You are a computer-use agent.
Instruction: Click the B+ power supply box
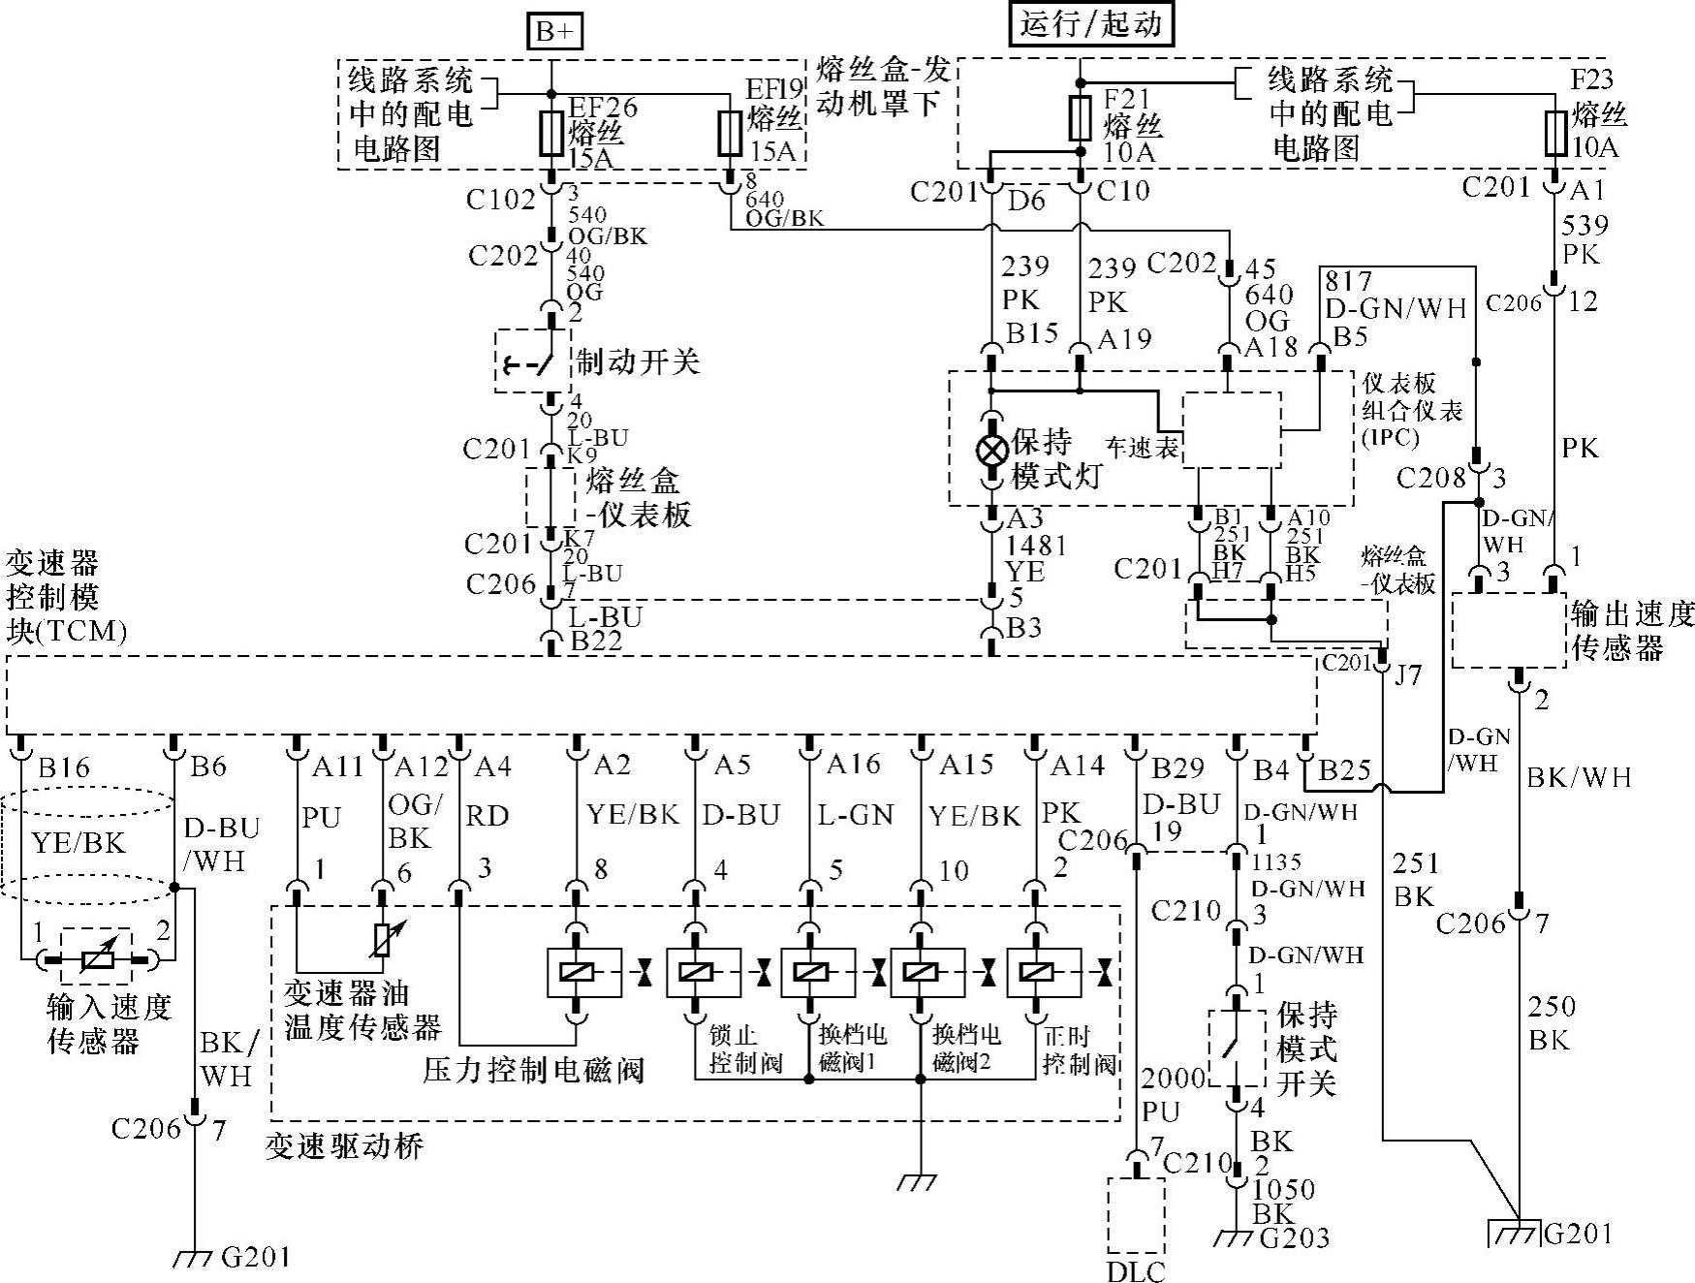point(553,31)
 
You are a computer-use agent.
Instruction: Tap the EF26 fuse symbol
point(551,134)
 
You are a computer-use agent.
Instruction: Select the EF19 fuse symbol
point(730,134)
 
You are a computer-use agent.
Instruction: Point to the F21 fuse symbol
point(1081,118)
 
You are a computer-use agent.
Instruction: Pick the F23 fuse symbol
point(1555,133)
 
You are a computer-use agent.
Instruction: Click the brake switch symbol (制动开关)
point(528,362)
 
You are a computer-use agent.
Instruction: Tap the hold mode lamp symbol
point(991,451)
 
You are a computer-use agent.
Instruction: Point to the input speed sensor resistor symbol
point(97,958)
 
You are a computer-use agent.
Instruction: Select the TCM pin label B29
point(1177,769)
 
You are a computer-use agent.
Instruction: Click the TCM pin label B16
point(64,768)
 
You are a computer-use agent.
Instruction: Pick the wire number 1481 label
point(1036,545)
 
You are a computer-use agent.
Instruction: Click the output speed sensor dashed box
point(1508,630)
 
